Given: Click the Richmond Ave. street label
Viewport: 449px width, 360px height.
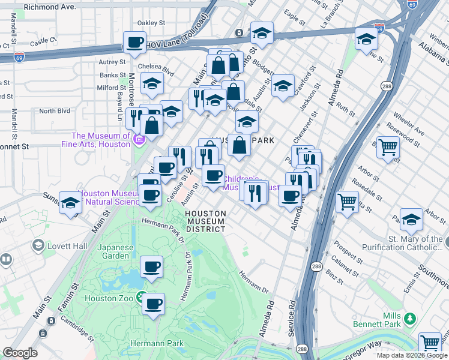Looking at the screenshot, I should coord(50,8).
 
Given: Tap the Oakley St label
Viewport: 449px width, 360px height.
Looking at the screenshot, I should coord(151,23).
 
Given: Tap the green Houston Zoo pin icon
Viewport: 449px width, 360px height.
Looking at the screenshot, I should coord(140,296).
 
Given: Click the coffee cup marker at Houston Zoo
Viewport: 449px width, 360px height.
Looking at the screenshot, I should coord(154,304).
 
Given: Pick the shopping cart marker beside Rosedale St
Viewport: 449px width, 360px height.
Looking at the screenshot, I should coord(347,202).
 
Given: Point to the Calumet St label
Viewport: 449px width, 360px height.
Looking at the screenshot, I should coord(345,262).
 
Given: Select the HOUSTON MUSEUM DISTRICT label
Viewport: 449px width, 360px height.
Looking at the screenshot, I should coord(205,221).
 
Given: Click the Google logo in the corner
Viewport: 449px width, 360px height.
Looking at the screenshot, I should coord(20,353).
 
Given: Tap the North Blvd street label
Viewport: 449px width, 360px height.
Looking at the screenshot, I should coord(55,111).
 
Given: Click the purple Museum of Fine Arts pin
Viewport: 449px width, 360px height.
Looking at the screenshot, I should coord(139,140).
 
